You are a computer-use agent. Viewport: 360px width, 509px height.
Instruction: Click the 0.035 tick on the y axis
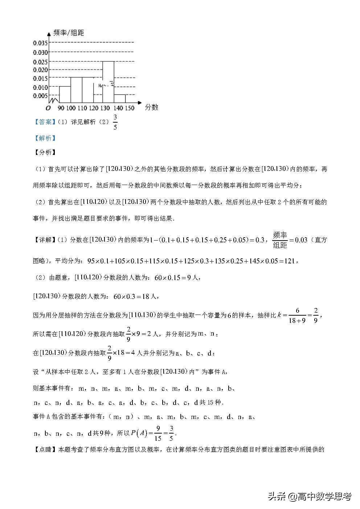pos(40,43)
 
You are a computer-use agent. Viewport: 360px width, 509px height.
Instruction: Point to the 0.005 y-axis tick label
pos(40,96)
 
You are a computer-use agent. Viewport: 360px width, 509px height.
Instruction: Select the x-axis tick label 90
pos(61,108)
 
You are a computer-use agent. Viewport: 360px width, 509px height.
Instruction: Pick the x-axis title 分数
pos(151,107)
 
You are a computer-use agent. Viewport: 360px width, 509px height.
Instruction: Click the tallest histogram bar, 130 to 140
pos(108,82)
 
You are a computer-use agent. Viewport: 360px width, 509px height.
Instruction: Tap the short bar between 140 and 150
pos(120,99)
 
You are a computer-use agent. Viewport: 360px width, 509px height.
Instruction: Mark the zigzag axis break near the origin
pos(54,100)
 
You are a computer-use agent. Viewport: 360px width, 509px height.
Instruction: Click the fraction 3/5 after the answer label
pos(115,122)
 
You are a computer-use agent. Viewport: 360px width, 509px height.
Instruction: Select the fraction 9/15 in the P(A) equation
pos(157,433)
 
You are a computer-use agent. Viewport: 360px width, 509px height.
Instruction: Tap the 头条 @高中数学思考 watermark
pos(310,496)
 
